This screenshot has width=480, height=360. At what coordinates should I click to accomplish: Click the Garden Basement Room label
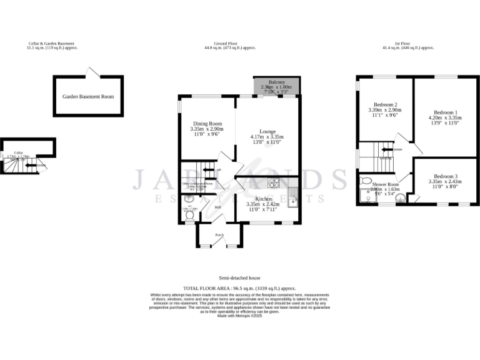(88, 96)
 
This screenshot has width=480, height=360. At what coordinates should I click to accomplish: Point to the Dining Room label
(206, 124)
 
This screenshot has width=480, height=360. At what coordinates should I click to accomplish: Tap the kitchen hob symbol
(273, 184)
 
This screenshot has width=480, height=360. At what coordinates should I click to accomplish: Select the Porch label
(219, 235)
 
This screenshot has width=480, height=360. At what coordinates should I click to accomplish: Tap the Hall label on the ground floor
(218, 207)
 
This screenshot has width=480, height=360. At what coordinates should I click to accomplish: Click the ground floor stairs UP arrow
(214, 170)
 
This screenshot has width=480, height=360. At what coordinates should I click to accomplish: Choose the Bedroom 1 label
(445, 111)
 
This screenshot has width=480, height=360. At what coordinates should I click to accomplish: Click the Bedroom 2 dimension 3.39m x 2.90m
(386, 110)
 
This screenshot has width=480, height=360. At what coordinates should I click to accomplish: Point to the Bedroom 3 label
(445, 176)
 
